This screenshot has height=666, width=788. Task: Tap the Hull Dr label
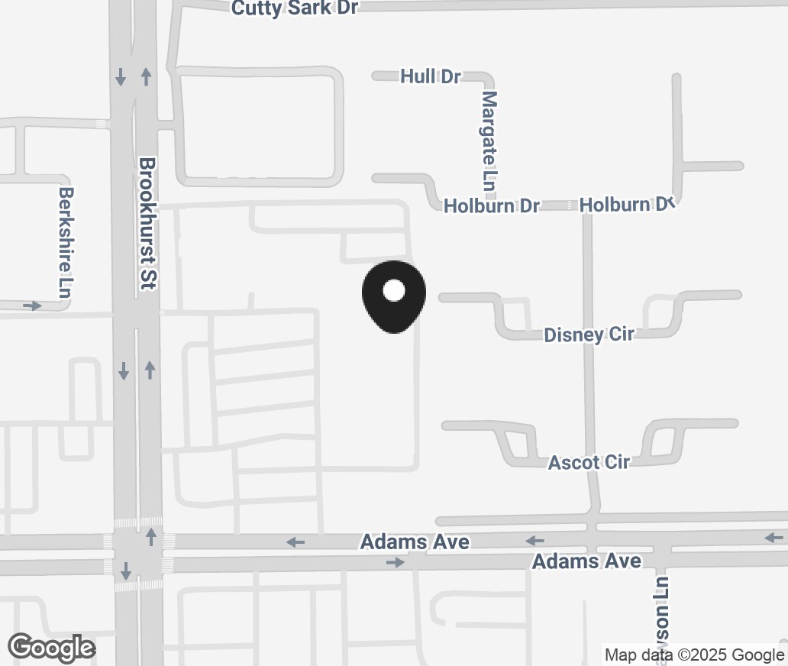[431, 76]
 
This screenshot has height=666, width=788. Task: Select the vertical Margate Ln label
[489, 141]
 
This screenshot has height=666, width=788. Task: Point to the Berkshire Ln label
[67, 243]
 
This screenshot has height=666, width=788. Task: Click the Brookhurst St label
[148, 223]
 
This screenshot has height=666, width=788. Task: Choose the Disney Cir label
[588, 335]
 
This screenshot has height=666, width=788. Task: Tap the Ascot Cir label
[589, 462]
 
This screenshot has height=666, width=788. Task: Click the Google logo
[52, 648]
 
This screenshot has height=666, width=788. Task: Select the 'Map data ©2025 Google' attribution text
[694, 655]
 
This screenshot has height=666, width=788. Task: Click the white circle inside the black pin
[393, 290]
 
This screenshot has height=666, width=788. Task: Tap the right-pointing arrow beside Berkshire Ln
[31, 306]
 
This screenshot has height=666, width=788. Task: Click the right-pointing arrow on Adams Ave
[395, 563]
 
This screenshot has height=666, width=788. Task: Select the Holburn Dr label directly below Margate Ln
[491, 205]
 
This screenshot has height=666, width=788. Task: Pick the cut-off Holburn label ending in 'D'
[626, 205]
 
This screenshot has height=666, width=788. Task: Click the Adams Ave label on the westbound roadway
[415, 542]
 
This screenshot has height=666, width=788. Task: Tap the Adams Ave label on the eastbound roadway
[586, 561]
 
